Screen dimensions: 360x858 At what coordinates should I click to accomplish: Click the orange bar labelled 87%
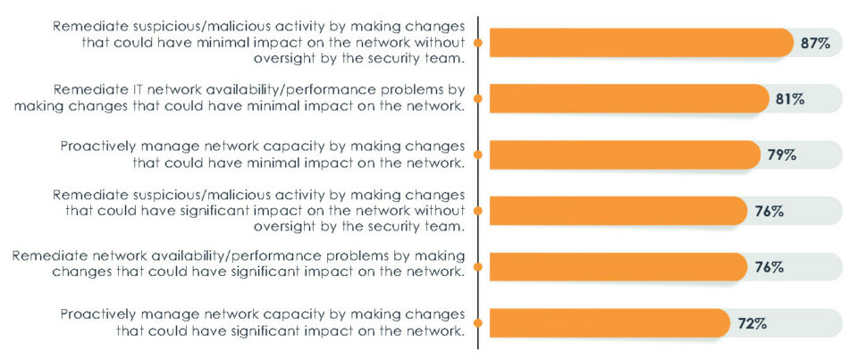click(x=639, y=43)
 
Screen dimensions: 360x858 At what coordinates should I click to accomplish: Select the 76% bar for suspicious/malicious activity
click(x=617, y=211)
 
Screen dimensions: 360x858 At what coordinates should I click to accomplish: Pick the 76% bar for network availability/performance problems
click(x=617, y=266)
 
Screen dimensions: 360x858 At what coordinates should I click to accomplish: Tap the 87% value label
click(x=816, y=43)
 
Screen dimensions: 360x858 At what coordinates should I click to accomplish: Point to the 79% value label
click(x=782, y=155)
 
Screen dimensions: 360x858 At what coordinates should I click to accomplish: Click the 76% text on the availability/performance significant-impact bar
click(x=770, y=266)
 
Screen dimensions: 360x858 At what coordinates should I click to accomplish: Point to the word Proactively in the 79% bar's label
click(x=97, y=146)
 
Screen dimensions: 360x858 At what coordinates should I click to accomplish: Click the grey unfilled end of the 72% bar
click(x=804, y=322)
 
